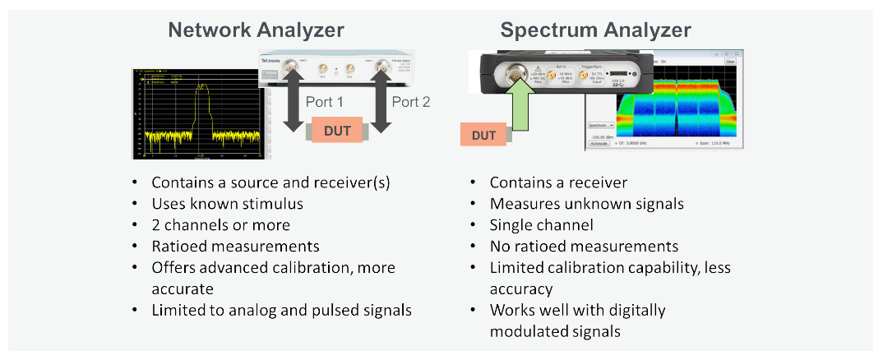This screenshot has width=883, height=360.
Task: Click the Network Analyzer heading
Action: [x=256, y=31]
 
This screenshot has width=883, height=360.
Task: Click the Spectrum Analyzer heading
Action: [x=595, y=31]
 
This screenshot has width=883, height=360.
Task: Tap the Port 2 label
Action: [x=410, y=103]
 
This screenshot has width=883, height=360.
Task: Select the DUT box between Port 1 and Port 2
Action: [x=337, y=131]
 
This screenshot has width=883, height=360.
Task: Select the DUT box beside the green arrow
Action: [x=484, y=134]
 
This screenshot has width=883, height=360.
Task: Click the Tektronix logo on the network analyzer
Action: [x=275, y=61]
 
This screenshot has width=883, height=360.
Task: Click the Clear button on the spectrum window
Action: [x=730, y=62]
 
